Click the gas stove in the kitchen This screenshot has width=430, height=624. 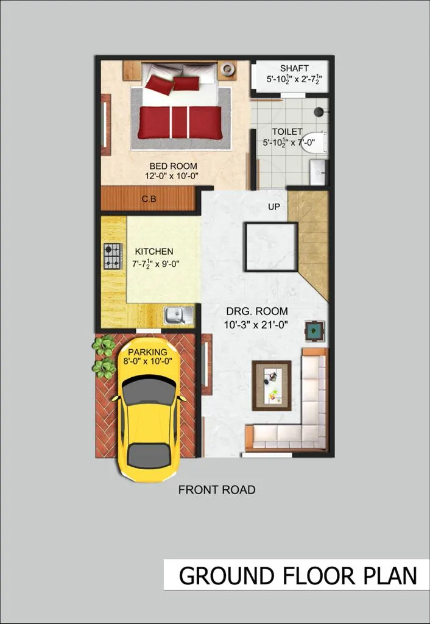[112, 256]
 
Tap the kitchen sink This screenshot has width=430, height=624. [178, 315]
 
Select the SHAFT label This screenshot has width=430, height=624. [294, 68]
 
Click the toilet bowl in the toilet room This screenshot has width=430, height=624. [314, 142]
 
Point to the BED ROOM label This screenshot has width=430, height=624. [173, 166]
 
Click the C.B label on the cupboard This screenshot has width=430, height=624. [149, 199]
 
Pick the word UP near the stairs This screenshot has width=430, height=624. [273, 207]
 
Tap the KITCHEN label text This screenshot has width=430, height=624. [154, 252]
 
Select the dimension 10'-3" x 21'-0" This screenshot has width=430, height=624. [256, 325]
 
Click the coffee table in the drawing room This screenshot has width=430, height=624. [272, 386]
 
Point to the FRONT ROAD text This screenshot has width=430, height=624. [217, 489]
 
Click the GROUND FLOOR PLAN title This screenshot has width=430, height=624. [298, 575]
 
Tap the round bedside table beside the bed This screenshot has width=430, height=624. [227, 69]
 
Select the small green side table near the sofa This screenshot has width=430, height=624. [315, 331]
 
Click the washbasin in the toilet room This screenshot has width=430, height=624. [319, 172]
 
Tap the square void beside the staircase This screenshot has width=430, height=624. [271, 247]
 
